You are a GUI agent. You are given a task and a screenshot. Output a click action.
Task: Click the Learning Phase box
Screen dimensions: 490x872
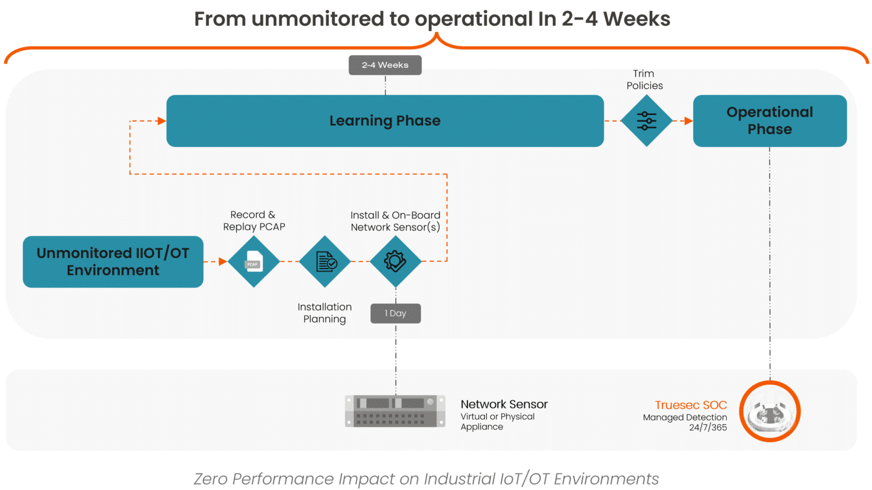pos(385,121)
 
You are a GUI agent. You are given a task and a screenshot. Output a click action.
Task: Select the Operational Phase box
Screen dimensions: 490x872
pos(770,121)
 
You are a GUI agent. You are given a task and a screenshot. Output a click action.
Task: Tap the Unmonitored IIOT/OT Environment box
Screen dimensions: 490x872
pos(113,262)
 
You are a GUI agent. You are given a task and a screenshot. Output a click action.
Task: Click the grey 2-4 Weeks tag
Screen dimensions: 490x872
pos(385,65)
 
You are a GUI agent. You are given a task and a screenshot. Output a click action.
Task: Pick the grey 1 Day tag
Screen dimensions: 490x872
pos(395,313)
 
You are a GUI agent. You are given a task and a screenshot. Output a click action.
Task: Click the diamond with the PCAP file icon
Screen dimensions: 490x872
pos(254,262)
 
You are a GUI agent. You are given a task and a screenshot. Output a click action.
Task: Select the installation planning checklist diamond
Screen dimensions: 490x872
pos(325,262)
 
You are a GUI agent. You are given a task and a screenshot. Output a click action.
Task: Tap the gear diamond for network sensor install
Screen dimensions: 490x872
pos(395,262)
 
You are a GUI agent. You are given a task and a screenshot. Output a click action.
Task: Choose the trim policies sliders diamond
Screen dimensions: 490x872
pos(647,121)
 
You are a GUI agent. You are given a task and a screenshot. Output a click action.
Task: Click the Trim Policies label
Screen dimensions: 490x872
pos(644,79)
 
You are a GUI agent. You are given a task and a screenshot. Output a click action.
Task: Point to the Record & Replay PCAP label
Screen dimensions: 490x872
pos(253,221)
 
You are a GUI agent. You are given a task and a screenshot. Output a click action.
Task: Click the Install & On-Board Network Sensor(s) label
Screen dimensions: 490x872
pos(395,221)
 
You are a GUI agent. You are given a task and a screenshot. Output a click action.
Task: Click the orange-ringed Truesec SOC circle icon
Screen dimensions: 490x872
pos(770,411)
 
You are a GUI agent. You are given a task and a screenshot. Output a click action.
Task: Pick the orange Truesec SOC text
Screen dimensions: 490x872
pos(690,405)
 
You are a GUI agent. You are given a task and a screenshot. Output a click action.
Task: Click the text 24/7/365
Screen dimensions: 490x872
pos(707,427)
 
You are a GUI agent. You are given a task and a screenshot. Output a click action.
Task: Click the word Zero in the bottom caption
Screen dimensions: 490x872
pos(210,479)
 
